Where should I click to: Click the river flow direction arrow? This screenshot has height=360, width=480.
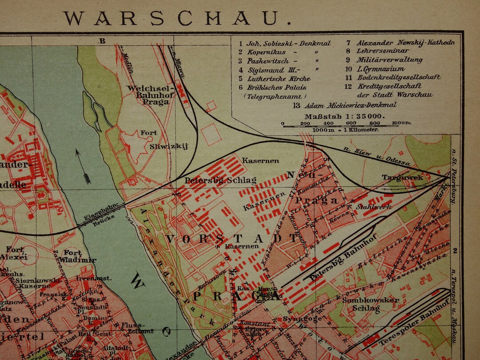(83, 167)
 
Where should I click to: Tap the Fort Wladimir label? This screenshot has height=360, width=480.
(79, 256)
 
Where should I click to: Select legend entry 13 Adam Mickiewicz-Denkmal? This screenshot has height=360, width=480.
(344, 105)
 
